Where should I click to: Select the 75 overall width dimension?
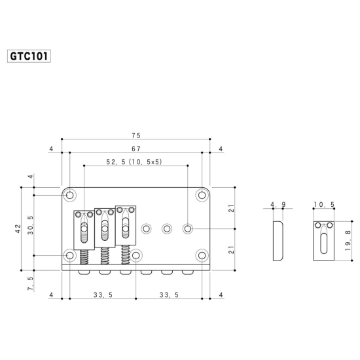[x=136, y=135]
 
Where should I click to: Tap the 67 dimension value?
[x=136, y=149]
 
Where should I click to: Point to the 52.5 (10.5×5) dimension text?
[x=134, y=162]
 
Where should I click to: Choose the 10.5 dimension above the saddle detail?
[x=323, y=205]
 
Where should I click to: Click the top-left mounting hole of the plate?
[x=70, y=195]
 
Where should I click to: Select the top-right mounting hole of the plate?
[x=202, y=195]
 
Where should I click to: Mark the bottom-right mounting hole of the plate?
[x=202, y=255]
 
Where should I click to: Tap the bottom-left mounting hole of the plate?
[x=70, y=255]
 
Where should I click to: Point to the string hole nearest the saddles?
[x=147, y=228]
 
